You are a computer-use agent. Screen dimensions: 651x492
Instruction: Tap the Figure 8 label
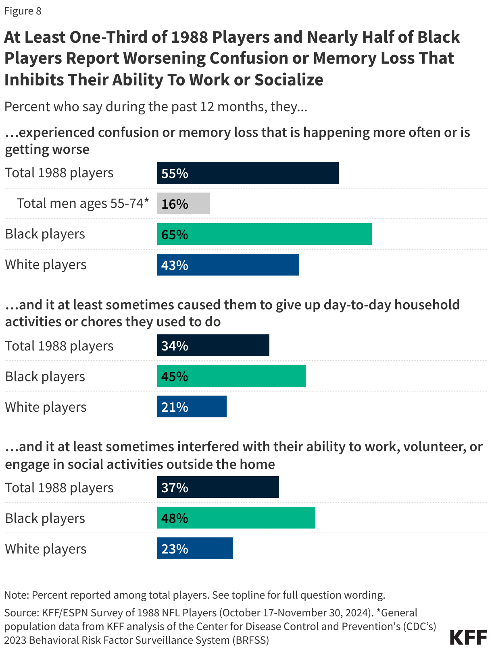tap(23, 11)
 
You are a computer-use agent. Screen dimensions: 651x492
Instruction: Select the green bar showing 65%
tap(264, 234)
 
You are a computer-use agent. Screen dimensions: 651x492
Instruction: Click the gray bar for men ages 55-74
tap(183, 203)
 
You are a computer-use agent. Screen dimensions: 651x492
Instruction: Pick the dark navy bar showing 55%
tap(248, 173)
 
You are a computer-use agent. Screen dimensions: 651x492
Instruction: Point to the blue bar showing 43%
tap(228, 265)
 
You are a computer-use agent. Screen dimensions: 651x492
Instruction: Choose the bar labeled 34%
tap(213, 345)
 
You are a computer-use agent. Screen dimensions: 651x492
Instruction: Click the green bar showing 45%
tap(231, 376)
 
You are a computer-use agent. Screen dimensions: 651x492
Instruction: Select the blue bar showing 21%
tap(192, 406)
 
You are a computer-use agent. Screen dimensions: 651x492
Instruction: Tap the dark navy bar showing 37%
tap(218, 487)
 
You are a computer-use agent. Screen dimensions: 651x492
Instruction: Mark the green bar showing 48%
tap(236, 518)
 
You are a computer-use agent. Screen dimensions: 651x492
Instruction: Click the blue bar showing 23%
tap(195, 548)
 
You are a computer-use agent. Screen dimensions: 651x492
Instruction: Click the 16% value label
tap(175, 204)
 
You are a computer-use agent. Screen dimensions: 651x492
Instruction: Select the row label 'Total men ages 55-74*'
tap(83, 203)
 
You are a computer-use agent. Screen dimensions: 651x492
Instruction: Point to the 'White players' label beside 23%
tap(46, 549)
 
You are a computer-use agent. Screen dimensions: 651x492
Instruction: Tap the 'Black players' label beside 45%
tap(45, 376)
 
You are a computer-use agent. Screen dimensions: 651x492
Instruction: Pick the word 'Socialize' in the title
tap(288, 80)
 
